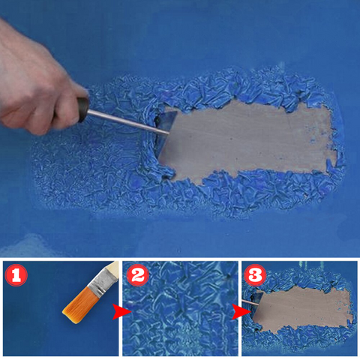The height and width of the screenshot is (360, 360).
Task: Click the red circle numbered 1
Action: point(16,275)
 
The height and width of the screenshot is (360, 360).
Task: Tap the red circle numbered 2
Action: point(138,275)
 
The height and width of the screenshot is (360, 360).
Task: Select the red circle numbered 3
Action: point(255,275)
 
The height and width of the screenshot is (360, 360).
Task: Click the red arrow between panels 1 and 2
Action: point(121,312)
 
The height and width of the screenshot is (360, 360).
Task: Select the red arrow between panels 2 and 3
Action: point(241,312)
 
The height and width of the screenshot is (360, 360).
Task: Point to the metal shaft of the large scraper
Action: point(128,122)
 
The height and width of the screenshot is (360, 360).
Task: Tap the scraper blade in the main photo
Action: point(166,136)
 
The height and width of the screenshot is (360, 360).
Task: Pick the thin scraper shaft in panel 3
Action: point(250,303)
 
